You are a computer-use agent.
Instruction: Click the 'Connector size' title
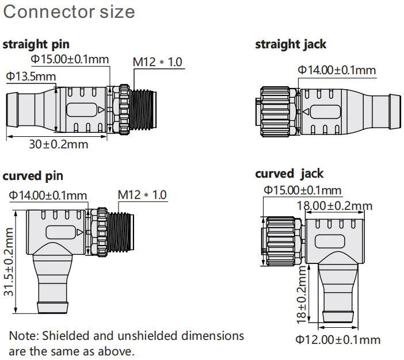point(69,12)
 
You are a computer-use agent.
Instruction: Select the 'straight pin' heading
point(37,44)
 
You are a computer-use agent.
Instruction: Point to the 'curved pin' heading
point(33,175)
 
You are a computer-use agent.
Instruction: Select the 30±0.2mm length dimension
point(59,144)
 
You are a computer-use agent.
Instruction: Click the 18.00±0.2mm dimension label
point(334,206)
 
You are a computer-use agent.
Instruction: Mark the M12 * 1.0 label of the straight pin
point(158,62)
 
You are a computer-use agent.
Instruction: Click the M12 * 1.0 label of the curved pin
point(142,195)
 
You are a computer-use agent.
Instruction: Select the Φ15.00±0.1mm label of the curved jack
point(302,190)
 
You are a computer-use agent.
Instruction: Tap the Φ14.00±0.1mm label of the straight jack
point(336,70)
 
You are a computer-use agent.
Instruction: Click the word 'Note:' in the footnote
point(24,336)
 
